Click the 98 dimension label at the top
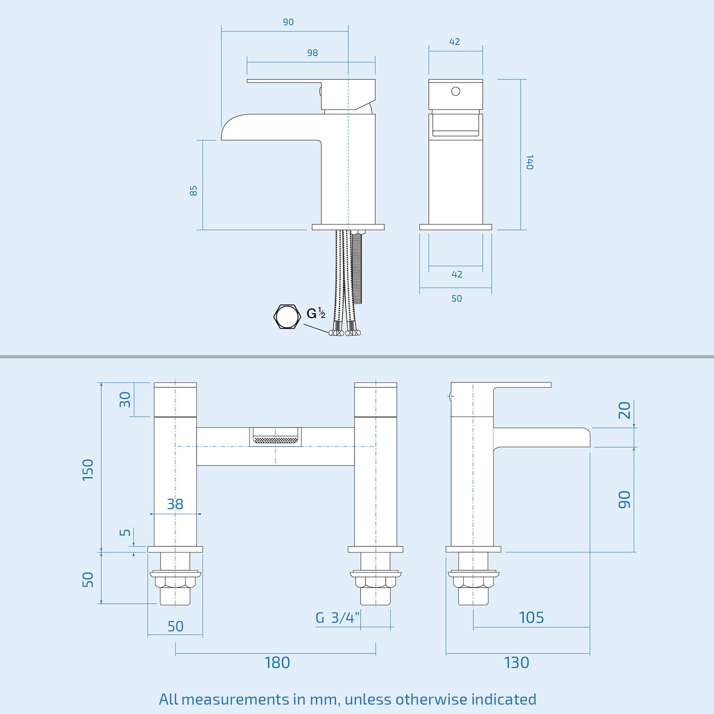tap(312, 53)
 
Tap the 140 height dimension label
tap(530, 162)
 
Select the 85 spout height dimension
tap(193, 191)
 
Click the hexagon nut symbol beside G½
tap(286, 316)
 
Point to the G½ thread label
tap(316, 313)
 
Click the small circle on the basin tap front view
tap(456, 91)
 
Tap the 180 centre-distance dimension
tap(277, 663)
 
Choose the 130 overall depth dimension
tap(516, 663)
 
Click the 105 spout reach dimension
tap(531, 618)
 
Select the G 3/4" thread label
tap(337, 618)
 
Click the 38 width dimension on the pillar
tap(175, 504)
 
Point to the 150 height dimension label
tap(88, 469)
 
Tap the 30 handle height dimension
tap(125, 399)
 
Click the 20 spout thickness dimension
tap(624, 410)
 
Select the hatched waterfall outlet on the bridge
tap(275, 440)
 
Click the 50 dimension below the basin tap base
tap(457, 299)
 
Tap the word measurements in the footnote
tap(235, 699)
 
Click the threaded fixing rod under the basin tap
tap(357, 268)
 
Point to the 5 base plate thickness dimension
tap(125, 532)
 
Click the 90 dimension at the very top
tap(288, 22)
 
